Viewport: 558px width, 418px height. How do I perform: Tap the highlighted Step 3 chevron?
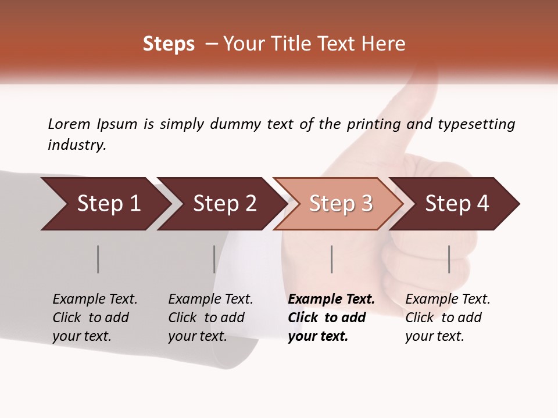point(341,204)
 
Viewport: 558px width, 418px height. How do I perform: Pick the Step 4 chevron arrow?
point(457,204)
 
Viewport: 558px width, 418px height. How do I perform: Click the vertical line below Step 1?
point(98,259)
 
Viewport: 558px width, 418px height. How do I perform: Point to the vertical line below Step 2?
point(214,259)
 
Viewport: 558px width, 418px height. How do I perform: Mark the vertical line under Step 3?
point(331,259)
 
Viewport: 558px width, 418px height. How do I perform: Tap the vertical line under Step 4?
point(449,259)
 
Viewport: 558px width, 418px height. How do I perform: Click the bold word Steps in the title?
point(169,44)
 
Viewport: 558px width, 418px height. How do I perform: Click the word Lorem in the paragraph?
point(69,124)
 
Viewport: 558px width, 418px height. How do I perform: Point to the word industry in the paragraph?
point(77,145)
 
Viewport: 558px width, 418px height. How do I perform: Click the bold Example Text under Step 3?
point(331,300)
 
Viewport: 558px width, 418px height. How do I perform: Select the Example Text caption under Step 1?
point(95,300)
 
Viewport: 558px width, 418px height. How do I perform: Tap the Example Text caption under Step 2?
point(210,300)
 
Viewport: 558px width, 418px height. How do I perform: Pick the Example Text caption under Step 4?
point(448,300)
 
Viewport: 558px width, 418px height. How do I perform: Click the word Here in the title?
point(387,44)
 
